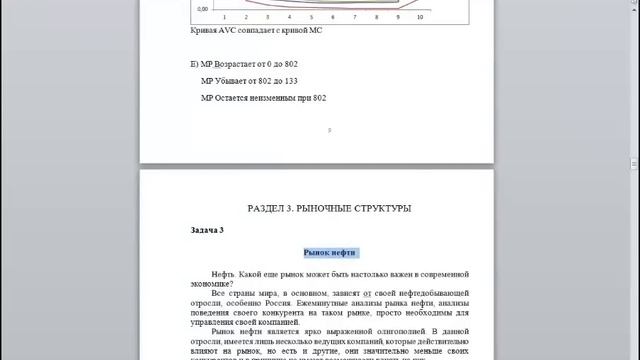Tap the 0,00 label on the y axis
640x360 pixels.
202,7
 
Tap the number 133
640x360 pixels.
291,80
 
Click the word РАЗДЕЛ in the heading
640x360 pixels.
265,208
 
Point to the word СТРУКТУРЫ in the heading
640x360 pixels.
384,208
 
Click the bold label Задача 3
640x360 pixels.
207,230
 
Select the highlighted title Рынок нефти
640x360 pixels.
330,252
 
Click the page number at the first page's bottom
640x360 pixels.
330,129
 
